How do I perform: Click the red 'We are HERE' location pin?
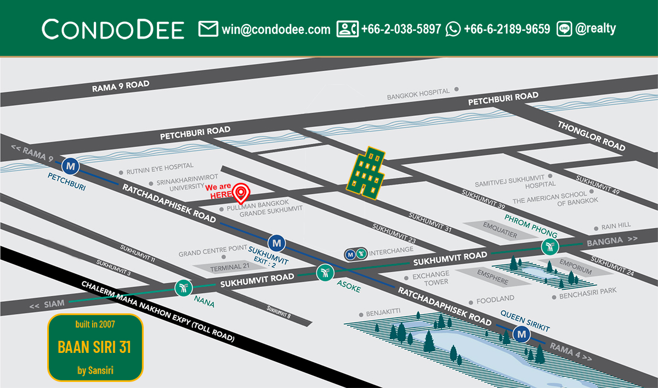click(x=240, y=193)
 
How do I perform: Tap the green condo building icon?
click(x=365, y=172)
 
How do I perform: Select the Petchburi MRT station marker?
click(x=70, y=165)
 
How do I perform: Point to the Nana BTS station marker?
click(x=183, y=287)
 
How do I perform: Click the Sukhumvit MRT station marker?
click(x=277, y=242)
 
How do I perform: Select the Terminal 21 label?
click(x=226, y=267)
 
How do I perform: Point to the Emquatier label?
click(x=500, y=230)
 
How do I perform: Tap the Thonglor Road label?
click(x=591, y=136)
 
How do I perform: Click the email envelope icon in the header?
click(x=208, y=29)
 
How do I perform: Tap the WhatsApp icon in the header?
click(x=453, y=29)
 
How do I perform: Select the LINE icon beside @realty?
click(x=564, y=29)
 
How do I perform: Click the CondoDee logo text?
click(x=113, y=29)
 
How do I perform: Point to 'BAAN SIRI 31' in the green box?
click(x=94, y=347)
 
